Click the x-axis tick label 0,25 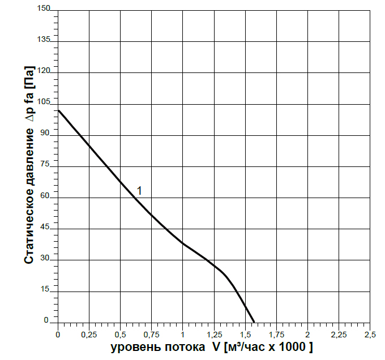(89, 335)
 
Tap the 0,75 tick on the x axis (151, 335)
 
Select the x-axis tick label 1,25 (213, 335)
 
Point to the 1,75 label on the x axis (276, 335)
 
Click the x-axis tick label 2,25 (338, 335)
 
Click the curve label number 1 (139, 191)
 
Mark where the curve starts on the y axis (58, 110)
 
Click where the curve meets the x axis (254, 322)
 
